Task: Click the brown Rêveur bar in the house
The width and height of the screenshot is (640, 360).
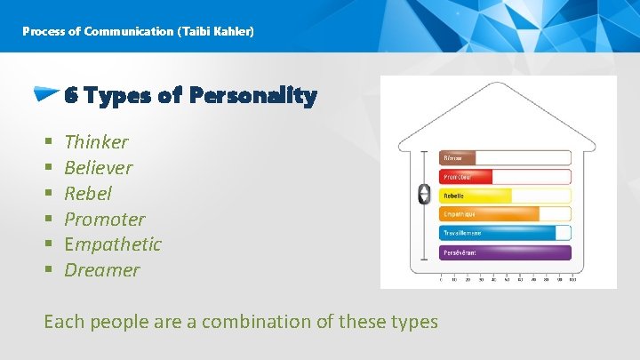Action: click(459, 158)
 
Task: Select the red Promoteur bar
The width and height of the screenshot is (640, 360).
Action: click(466, 177)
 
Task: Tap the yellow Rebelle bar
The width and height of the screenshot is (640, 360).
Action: click(476, 196)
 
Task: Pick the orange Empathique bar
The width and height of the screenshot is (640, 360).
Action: click(489, 214)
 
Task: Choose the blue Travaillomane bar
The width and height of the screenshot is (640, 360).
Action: click(498, 233)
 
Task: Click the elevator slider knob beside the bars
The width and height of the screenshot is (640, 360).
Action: click(424, 194)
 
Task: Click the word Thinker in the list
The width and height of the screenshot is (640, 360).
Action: click(96, 142)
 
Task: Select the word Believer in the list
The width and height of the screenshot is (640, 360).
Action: click(98, 168)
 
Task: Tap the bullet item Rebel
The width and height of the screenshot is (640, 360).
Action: click(88, 194)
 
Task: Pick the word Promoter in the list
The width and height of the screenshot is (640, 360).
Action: click(104, 219)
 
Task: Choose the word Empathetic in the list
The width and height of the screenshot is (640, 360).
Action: click(113, 244)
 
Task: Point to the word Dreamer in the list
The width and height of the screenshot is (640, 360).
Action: click(102, 269)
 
